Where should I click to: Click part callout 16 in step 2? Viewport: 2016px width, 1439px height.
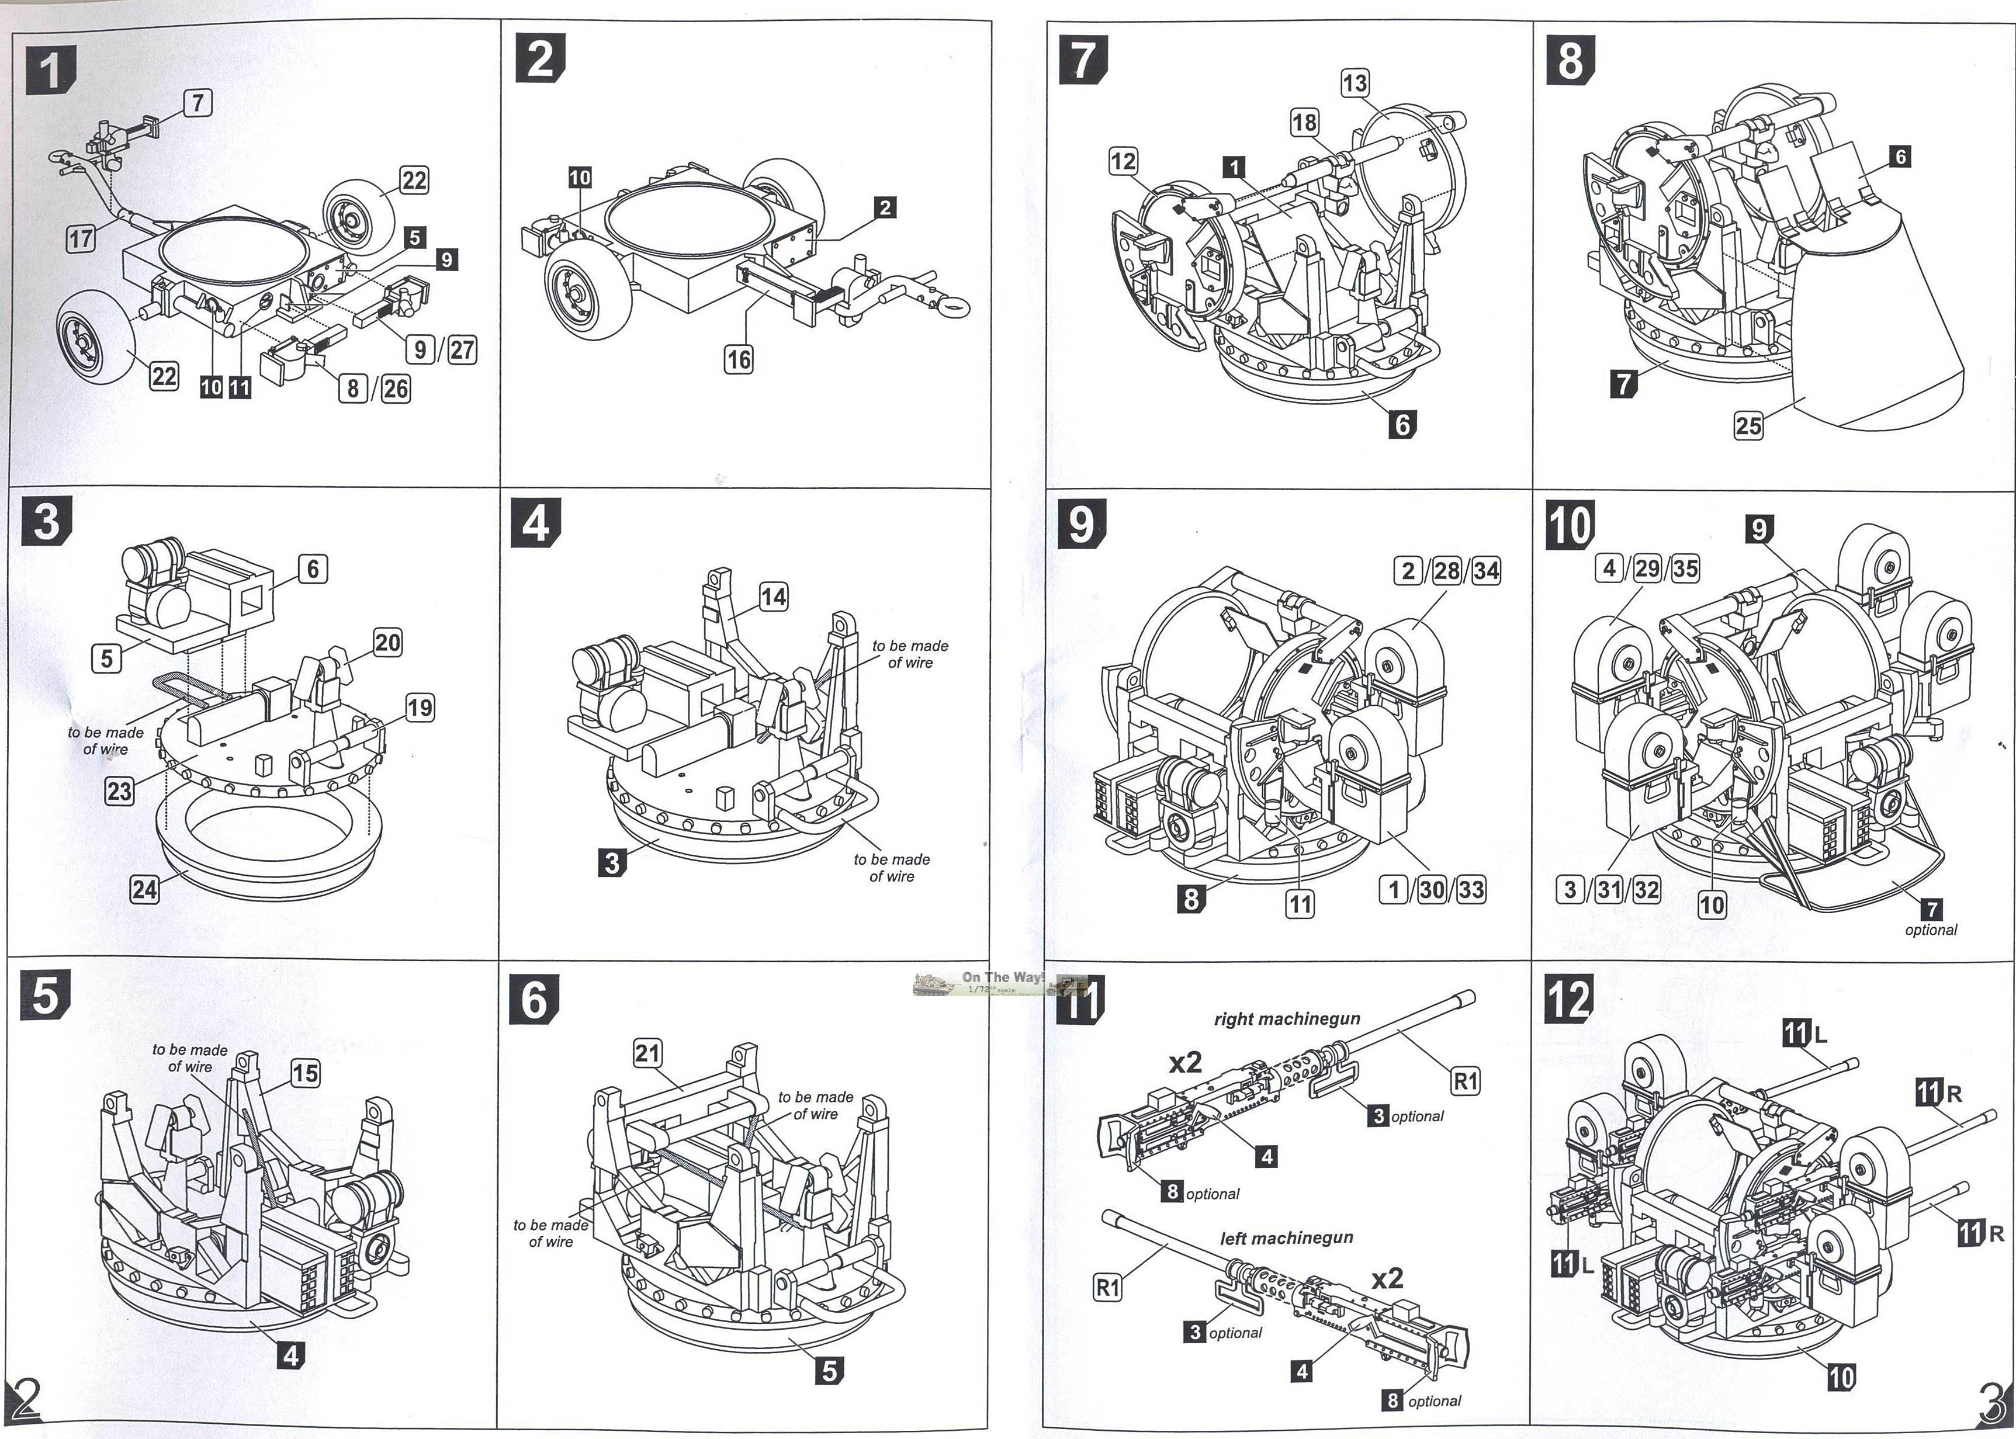tap(738, 359)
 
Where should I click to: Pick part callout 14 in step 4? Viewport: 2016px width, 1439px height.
tap(773, 597)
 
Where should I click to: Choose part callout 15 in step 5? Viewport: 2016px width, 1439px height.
tap(305, 1073)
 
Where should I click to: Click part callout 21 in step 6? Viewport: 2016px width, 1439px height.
tap(648, 1053)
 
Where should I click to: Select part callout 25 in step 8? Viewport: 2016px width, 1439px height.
tap(1748, 425)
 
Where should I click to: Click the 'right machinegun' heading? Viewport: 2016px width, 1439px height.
tap(1287, 1019)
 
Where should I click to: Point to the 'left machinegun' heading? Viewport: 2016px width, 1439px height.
tap(1287, 1238)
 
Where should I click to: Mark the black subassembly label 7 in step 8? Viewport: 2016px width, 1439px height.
tap(1623, 384)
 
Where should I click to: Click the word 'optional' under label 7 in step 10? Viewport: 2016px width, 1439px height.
tap(1930, 930)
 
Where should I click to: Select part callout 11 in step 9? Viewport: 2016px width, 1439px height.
tap(1299, 904)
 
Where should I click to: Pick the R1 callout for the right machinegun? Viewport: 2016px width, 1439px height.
tap(1466, 1080)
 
